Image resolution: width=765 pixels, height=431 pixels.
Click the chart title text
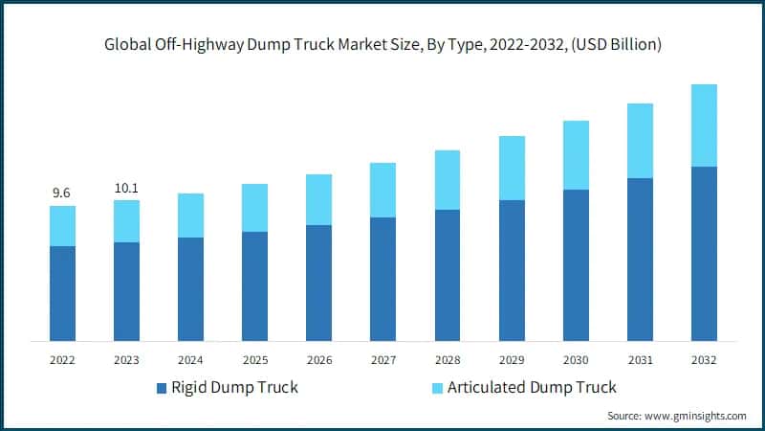click(x=382, y=44)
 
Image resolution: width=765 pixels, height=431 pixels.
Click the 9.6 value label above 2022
click(x=61, y=193)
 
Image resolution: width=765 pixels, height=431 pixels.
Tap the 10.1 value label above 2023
click(x=126, y=188)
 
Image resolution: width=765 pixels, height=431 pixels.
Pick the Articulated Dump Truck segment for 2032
click(x=704, y=125)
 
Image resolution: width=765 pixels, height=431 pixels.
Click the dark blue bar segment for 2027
click(x=382, y=279)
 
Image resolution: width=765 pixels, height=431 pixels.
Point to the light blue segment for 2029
click(x=512, y=168)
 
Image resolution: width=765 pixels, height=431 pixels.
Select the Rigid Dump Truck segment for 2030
click(x=576, y=265)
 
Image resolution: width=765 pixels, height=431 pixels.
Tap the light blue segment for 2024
click(x=190, y=215)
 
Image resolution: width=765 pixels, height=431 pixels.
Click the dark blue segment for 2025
click(x=254, y=286)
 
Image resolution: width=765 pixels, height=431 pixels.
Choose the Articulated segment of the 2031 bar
click(x=640, y=141)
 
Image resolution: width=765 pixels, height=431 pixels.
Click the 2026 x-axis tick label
click(x=318, y=360)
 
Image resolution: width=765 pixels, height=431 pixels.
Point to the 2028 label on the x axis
click(x=448, y=360)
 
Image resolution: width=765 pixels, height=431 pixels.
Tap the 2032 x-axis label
click(x=704, y=360)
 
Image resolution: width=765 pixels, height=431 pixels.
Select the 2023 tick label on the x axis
click(x=126, y=360)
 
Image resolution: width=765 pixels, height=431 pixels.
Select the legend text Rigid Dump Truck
click(x=234, y=387)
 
